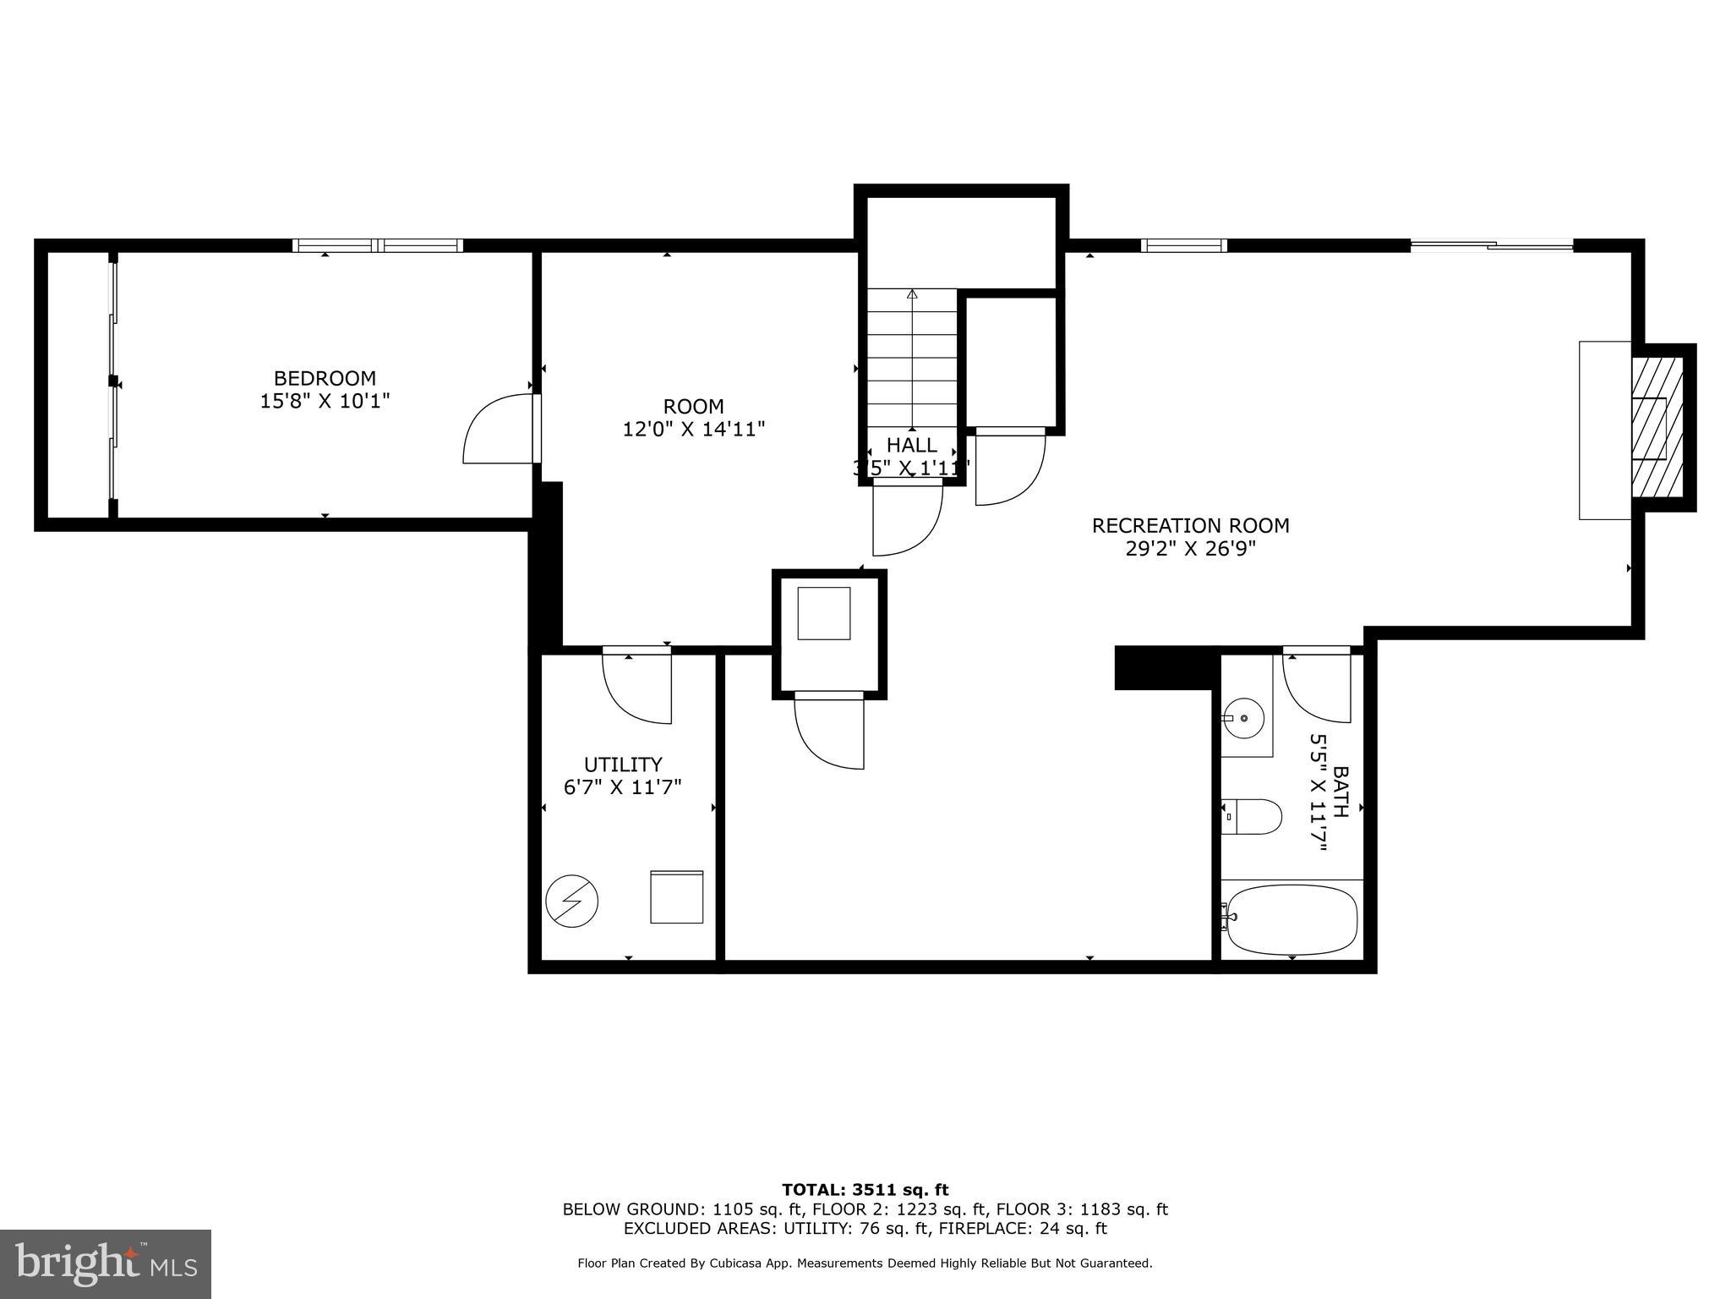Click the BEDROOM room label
[325, 378]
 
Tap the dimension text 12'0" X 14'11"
[694, 430]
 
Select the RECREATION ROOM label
[1190, 525]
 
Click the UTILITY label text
[623, 765]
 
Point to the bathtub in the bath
[1291, 919]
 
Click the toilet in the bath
[1253, 816]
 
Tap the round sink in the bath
[1245, 718]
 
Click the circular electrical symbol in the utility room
[571, 901]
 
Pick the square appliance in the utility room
[676, 896]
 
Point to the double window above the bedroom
[378, 245]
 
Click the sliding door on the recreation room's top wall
[1491, 246]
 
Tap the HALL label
[911, 445]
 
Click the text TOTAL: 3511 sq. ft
[865, 1191]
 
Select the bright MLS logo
[106, 1263]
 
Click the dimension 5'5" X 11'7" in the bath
[1319, 792]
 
